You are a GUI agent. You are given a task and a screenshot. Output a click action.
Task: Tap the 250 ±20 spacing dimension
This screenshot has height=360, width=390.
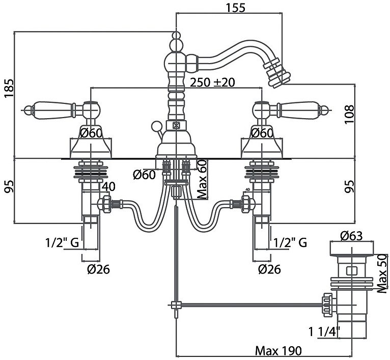click(x=212, y=82)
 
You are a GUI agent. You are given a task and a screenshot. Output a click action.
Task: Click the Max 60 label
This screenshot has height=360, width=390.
click(x=203, y=178)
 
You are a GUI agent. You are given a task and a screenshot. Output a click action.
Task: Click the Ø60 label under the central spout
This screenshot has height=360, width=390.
click(x=144, y=175)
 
